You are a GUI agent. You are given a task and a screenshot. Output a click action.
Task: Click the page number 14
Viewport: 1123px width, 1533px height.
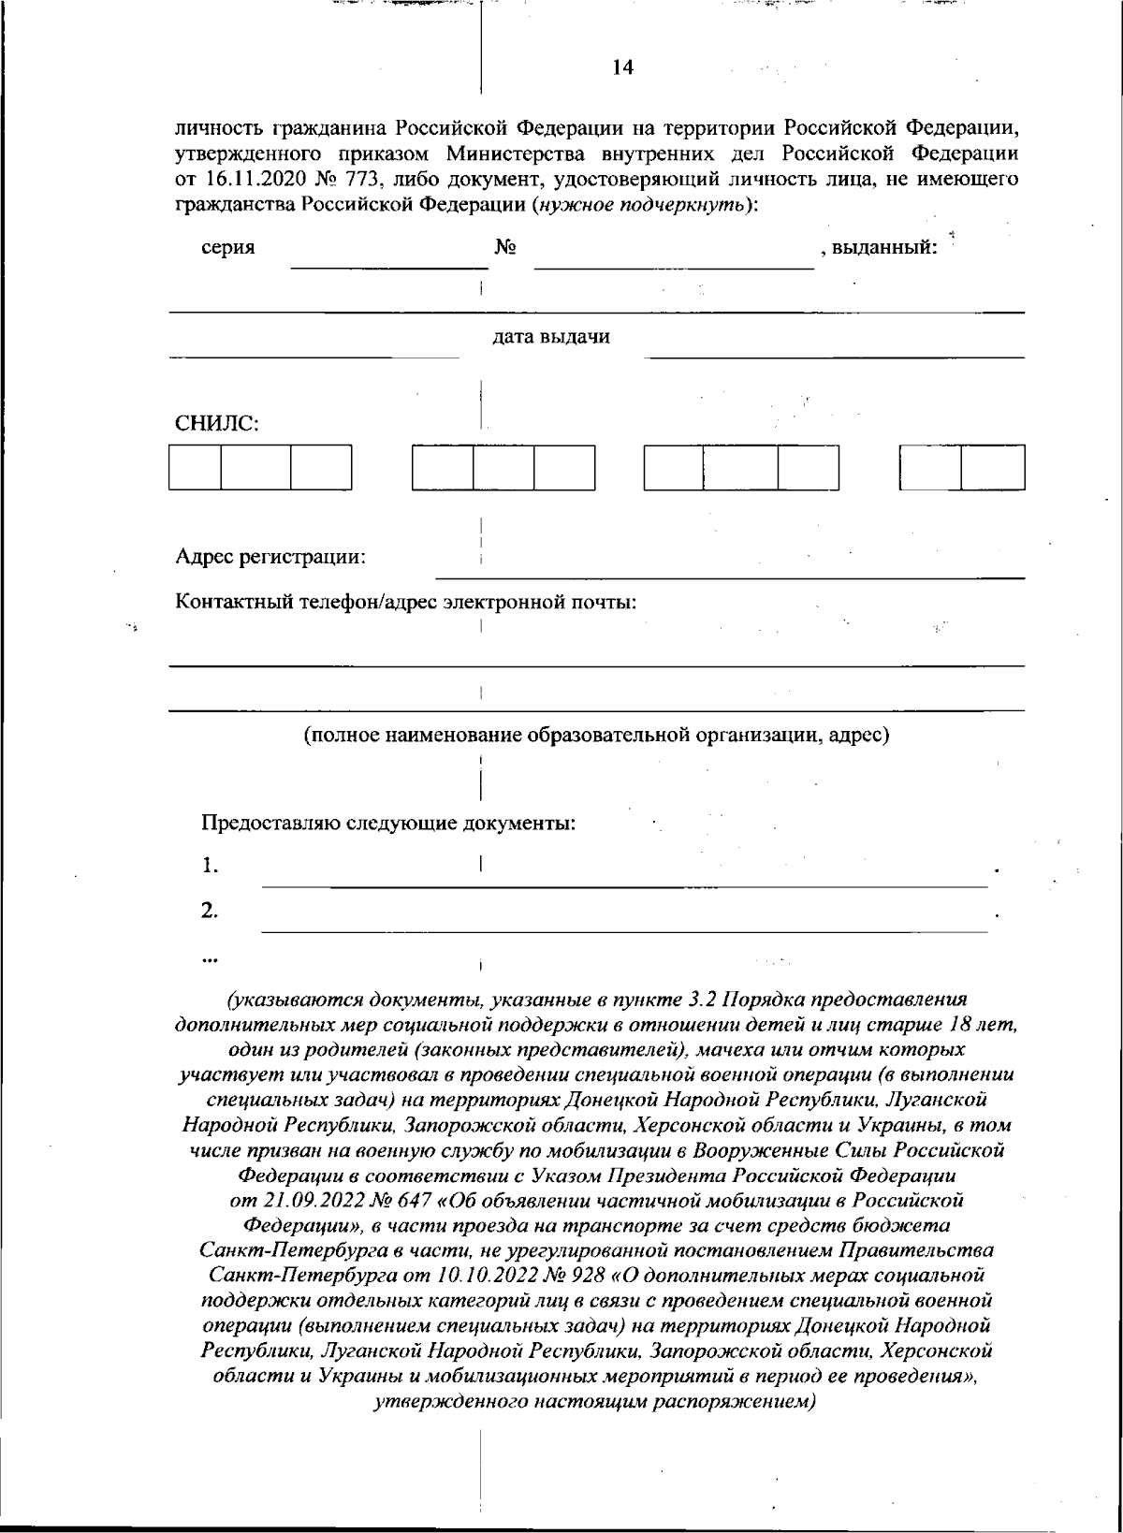[x=622, y=66]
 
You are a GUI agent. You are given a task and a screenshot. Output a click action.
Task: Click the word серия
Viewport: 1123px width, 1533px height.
[x=228, y=248]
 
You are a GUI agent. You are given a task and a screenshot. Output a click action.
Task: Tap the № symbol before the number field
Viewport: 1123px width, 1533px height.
[x=506, y=248]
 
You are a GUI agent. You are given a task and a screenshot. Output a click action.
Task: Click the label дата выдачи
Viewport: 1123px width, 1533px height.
[x=551, y=337]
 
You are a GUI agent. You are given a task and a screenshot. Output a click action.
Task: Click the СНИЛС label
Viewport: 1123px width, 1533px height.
[x=217, y=423]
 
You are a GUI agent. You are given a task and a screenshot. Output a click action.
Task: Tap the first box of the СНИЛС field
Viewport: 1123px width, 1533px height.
[x=195, y=467]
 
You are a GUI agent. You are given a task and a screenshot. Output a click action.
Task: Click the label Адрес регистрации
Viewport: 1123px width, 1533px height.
[x=270, y=558]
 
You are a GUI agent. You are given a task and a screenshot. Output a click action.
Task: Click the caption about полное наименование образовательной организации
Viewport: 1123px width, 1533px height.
[x=596, y=735]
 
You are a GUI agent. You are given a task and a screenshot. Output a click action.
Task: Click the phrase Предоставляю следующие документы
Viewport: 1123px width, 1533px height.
[x=388, y=824]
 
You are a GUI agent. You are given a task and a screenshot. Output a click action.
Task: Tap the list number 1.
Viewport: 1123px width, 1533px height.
[x=211, y=866]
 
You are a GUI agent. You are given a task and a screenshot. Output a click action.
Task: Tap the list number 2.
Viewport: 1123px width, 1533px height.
[x=211, y=910]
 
